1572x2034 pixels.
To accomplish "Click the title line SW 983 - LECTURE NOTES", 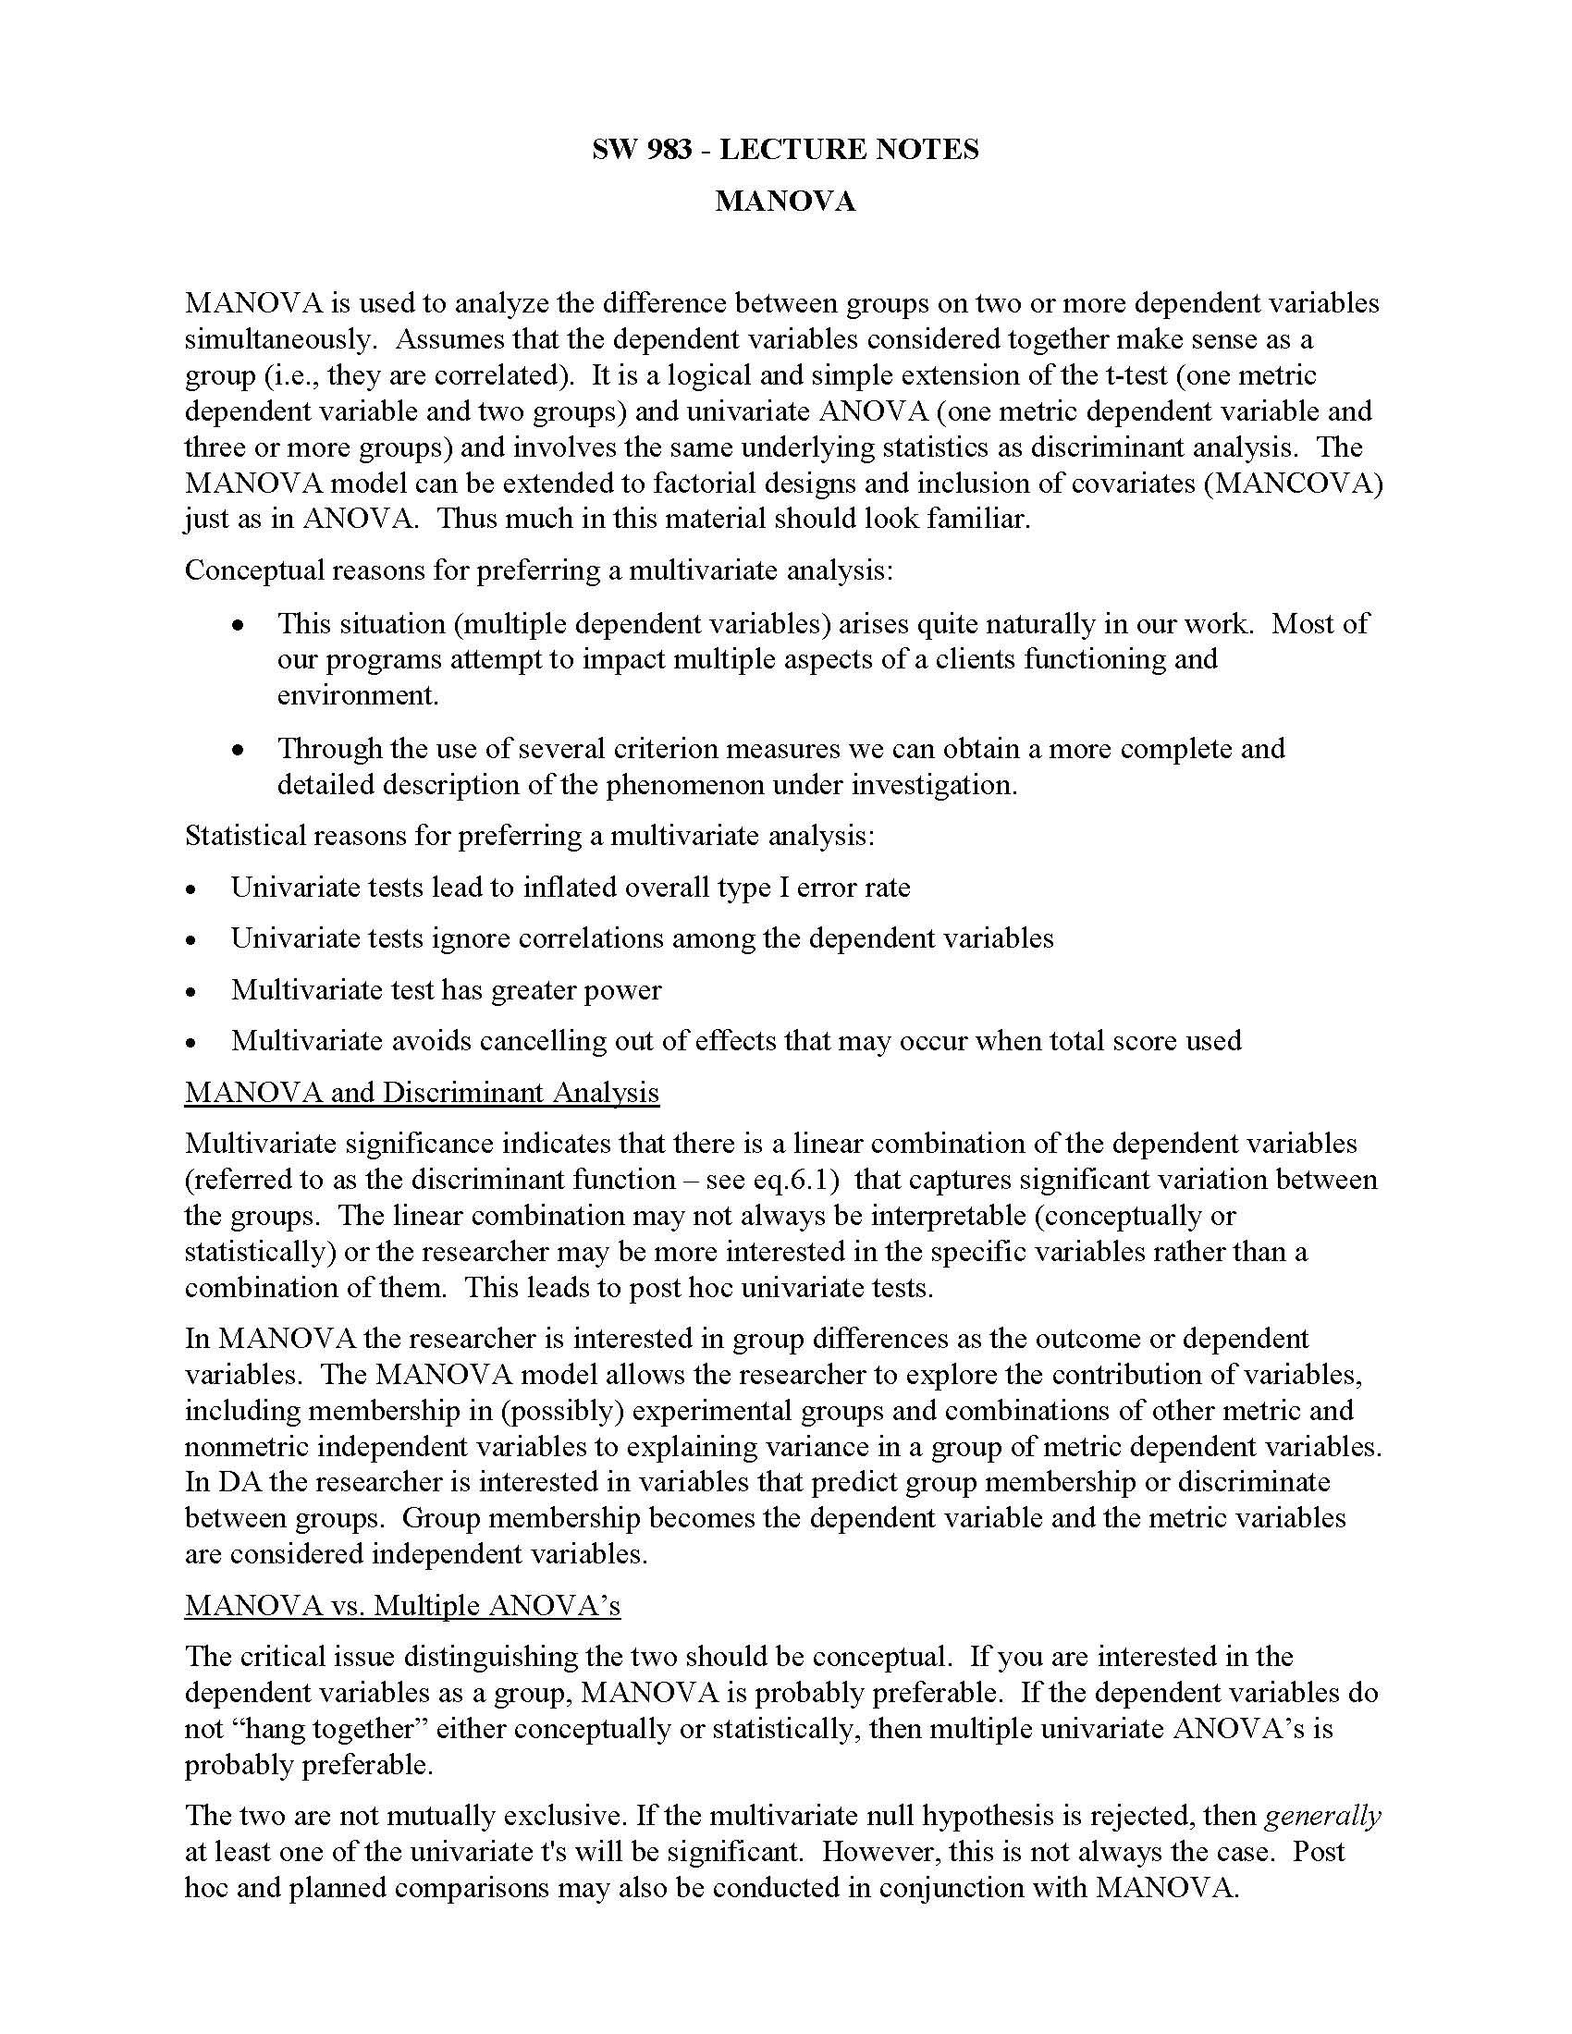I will [x=785, y=149].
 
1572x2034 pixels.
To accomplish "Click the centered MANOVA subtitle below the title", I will [x=785, y=202].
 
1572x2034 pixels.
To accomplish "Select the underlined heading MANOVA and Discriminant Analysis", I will [x=421, y=1092].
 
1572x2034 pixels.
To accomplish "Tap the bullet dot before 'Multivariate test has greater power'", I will [x=191, y=992].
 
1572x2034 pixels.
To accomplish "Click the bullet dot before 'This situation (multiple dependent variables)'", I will [x=239, y=625].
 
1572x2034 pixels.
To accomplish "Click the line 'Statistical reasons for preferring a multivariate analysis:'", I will [x=529, y=835].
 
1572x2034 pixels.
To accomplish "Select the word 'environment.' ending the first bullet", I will [x=358, y=694].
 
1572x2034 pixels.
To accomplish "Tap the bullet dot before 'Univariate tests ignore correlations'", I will [x=191, y=940].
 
